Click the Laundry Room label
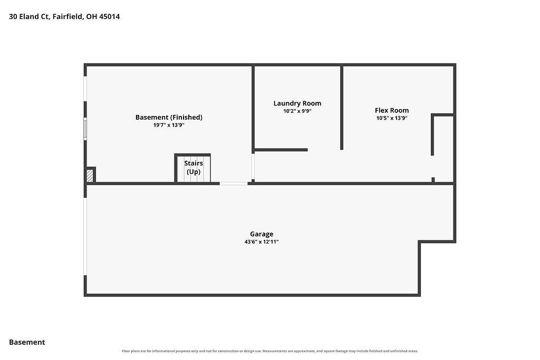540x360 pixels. (297, 103)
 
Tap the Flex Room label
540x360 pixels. (392, 111)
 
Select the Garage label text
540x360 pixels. (262, 235)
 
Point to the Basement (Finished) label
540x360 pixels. (169, 118)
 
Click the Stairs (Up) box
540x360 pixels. (192, 168)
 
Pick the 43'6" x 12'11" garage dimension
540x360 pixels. (262, 242)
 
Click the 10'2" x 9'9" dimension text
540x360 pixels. (297, 111)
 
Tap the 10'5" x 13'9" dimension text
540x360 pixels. (392, 118)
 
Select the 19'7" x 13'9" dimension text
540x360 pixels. (169, 125)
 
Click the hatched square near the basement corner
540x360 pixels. (90, 176)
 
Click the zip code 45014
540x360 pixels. (110, 16)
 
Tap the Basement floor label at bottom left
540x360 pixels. (27, 342)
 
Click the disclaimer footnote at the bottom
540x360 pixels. (270, 351)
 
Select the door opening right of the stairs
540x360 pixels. (234, 183)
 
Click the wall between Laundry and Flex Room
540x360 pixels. (342, 108)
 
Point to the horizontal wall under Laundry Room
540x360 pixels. (281, 150)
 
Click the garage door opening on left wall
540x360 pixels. (85, 237)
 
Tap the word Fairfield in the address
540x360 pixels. (68, 16)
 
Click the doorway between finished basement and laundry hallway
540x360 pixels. (253, 166)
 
